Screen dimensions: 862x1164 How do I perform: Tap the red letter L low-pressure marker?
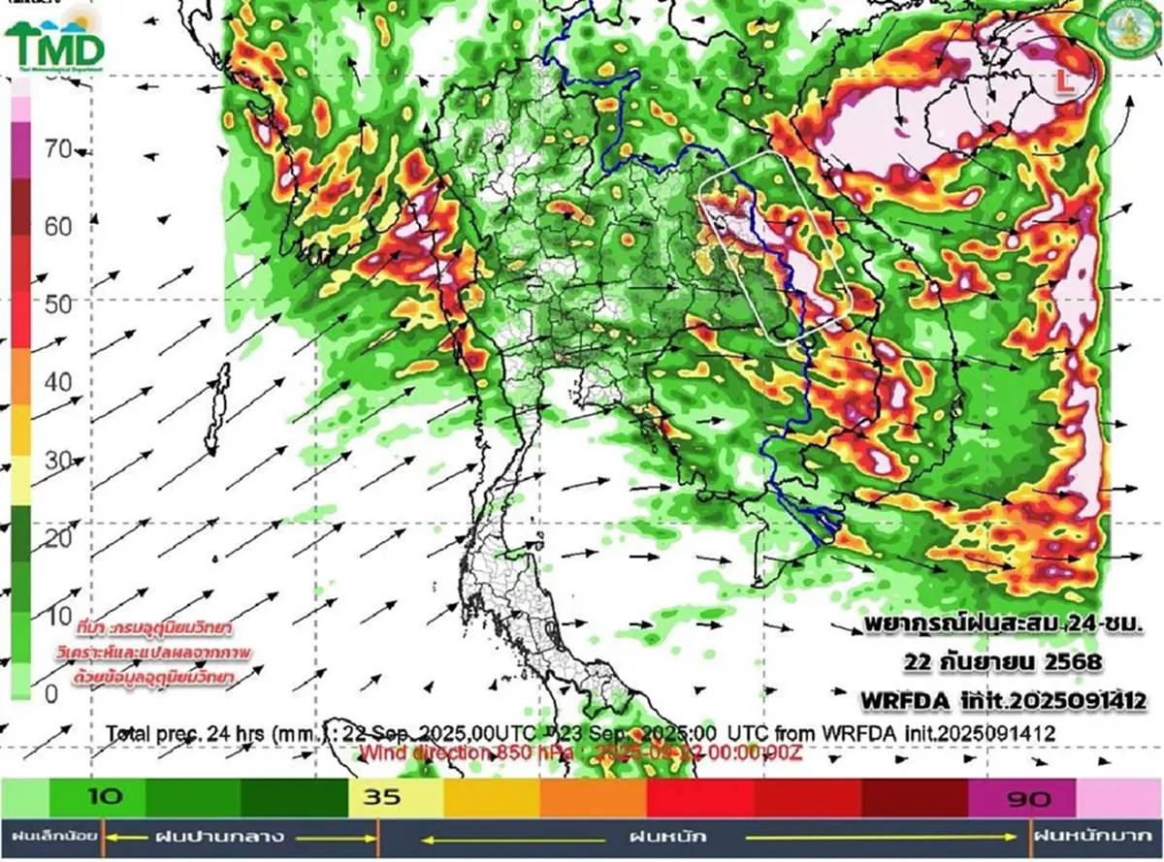(x=1064, y=85)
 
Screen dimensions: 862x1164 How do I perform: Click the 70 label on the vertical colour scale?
(x=59, y=148)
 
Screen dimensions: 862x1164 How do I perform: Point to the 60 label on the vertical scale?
(x=59, y=226)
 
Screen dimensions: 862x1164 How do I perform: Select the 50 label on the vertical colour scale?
(x=59, y=303)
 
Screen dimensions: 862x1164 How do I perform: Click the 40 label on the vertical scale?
(x=59, y=382)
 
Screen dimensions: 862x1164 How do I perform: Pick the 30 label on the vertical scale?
(x=59, y=460)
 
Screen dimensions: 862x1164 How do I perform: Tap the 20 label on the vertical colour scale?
(x=59, y=538)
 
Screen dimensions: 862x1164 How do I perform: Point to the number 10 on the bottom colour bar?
(x=106, y=798)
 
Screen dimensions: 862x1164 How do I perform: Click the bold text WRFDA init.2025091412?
(x=1003, y=700)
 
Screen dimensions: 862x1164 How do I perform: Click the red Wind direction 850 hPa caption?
(x=582, y=751)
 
